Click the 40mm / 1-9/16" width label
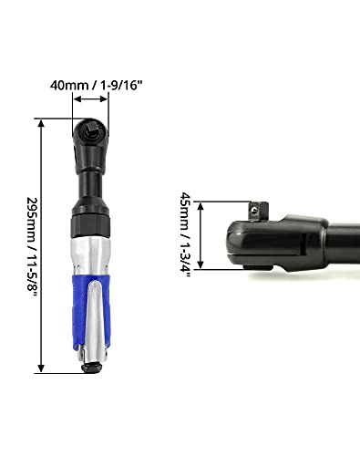pyautogui.click(x=96, y=85)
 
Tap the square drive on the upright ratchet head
pyautogui.click(x=91, y=130)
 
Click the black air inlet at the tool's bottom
pyautogui.click(x=91, y=368)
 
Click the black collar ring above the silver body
pyautogui.click(x=90, y=226)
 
